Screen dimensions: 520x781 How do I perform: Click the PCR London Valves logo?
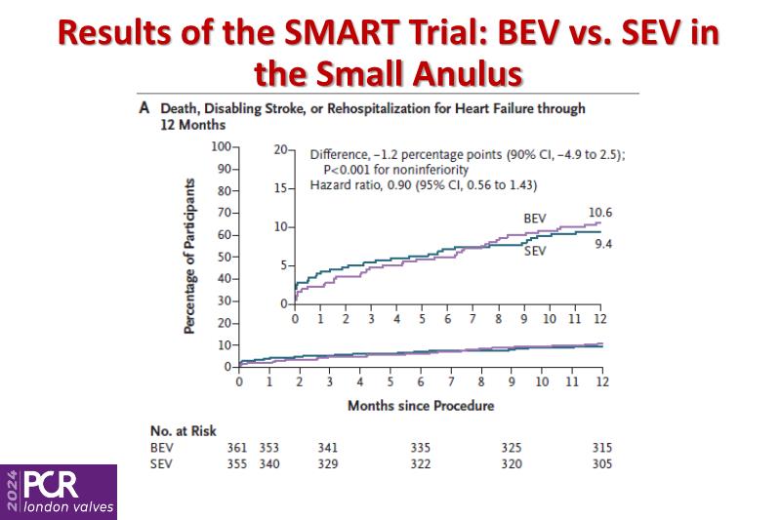tap(59, 492)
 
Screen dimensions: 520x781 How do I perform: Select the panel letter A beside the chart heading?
tap(144, 109)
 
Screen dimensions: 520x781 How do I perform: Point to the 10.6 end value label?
tap(601, 213)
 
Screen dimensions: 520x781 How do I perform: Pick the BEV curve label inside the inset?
tap(535, 219)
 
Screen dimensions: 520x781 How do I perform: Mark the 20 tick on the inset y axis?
tap(282, 150)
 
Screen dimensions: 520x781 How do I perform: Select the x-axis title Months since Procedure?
tap(420, 405)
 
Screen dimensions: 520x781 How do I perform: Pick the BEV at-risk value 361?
tap(237, 448)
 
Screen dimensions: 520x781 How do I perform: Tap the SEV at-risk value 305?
tap(602, 463)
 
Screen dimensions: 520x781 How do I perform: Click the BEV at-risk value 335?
tap(420, 448)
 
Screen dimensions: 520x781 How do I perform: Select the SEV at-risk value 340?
tap(268, 463)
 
